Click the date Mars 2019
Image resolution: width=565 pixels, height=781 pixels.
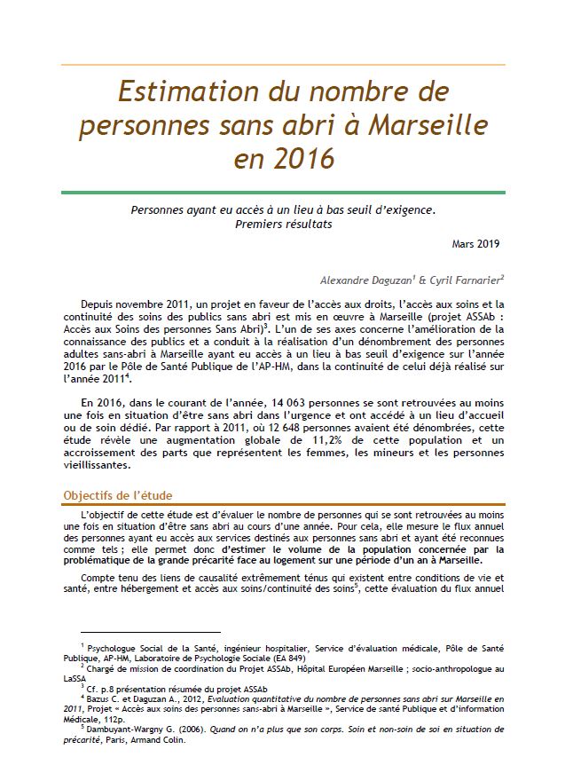tap(477, 243)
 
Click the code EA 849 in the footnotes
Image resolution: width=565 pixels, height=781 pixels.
tap(287, 659)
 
